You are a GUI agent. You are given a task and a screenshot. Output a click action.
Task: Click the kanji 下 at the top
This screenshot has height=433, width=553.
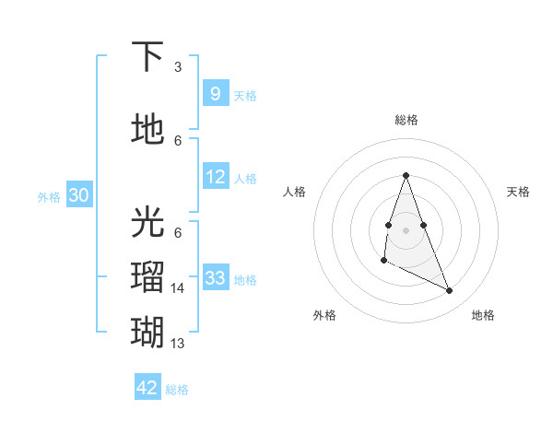pyautogui.click(x=148, y=57)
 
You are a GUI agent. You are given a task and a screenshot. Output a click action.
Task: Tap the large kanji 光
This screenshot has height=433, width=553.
pyautogui.click(x=148, y=223)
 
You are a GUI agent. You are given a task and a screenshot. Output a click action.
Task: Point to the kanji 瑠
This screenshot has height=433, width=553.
pyautogui.click(x=148, y=277)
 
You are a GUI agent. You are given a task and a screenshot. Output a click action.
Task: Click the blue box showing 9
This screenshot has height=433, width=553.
pyautogui.click(x=215, y=94)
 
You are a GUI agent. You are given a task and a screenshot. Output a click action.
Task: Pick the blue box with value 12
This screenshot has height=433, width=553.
pyautogui.click(x=216, y=178)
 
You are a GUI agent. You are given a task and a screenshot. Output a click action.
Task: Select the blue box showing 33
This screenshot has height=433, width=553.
pyautogui.click(x=216, y=278)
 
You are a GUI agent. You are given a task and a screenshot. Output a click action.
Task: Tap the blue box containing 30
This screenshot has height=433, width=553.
pyautogui.click(x=79, y=196)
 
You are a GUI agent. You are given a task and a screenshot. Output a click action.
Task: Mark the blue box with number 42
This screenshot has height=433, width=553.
pyautogui.click(x=147, y=388)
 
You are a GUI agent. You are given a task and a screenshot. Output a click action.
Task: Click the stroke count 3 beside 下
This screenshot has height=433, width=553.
pyautogui.click(x=178, y=67)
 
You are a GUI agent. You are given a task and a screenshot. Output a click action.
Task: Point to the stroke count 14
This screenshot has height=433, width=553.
pyautogui.click(x=178, y=288)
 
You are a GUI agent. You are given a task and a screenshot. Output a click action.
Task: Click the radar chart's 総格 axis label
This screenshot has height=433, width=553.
pyautogui.click(x=406, y=120)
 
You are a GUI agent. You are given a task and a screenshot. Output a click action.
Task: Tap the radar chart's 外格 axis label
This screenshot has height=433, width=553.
pyautogui.click(x=324, y=315)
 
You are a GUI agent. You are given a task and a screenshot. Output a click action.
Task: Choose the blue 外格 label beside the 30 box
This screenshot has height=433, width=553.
pyautogui.click(x=49, y=197)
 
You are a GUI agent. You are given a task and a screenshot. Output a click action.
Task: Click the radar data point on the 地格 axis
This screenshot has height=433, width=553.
pyautogui.click(x=450, y=290)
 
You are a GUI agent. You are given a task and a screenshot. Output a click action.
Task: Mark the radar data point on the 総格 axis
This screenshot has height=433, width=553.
pyautogui.click(x=406, y=175)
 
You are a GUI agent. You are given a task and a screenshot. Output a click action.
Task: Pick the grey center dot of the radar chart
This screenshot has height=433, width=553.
pyautogui.click(x=406, y=229)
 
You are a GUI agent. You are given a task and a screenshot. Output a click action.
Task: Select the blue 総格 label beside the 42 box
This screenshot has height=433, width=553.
pyautogui.click(x=177, y=390)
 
